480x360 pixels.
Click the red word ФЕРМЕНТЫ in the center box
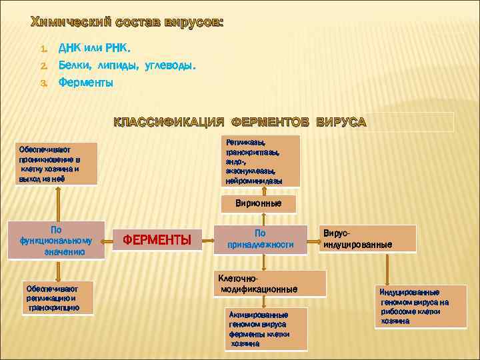[163, 239]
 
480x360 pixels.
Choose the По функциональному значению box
[56, 239]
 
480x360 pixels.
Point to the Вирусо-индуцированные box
[368, 239]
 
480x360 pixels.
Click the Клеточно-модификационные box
[269, 283]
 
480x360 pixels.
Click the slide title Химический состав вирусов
[127, 23]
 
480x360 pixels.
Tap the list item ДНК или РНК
[95, 49]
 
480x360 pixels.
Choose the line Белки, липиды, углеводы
[127, 66]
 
